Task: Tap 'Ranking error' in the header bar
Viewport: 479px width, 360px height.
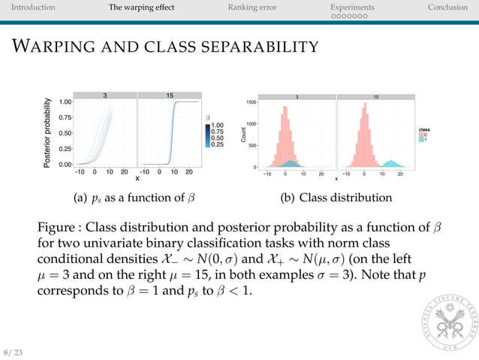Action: [x=252, y=8]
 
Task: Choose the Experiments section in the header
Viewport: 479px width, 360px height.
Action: [x=352, y=8]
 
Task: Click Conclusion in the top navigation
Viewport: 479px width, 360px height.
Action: [x=447, y=8]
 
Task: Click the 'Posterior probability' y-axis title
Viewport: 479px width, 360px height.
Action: [x=48, y=132]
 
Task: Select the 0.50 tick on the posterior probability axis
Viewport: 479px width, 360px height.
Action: [x=65, y=133]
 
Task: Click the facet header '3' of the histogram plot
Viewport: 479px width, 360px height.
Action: [x=297, y=96]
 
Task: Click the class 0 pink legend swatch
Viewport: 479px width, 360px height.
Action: [x=423, y=135]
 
